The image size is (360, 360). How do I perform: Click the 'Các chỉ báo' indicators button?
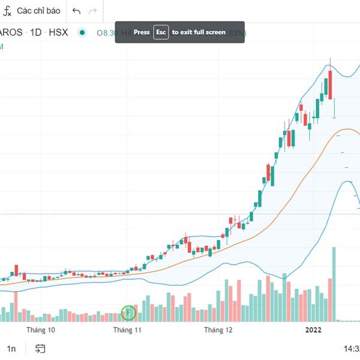point(38,11)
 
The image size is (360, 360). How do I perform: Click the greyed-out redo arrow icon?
point(92,11)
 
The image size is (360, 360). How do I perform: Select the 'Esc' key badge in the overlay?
point(161,32)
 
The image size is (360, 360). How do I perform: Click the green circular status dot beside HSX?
point(82,32)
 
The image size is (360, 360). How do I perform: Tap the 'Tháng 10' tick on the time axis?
point(41,330)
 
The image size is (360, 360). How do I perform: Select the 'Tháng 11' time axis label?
point(127,330)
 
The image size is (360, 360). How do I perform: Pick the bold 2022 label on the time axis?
point(314,330)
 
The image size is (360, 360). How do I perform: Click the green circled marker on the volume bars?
point(128,313)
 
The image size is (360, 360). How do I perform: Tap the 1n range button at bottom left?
point(11,349)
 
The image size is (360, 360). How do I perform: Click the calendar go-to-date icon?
point(41,349)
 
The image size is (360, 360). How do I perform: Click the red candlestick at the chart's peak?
point(329,85)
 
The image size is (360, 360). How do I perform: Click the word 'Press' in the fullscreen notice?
point(142,32)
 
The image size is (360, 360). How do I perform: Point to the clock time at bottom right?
point(351,349)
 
